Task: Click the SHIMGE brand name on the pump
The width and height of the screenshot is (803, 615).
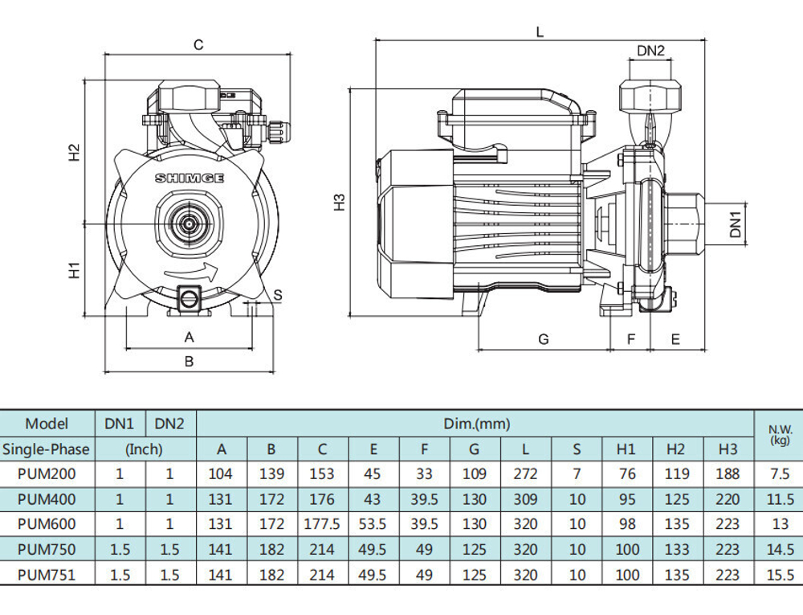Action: [190, 178]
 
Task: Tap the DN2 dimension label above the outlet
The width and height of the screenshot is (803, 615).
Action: [650, 51]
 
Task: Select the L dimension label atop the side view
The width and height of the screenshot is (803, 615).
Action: [540, 32]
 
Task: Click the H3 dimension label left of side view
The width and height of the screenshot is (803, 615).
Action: [340, 203]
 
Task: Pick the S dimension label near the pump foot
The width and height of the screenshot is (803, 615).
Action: [278, 295]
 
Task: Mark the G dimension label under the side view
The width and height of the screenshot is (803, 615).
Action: [544, 338]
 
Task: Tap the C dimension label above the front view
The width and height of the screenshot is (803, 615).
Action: [198, 45]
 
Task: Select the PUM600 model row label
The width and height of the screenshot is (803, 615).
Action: [47, 524]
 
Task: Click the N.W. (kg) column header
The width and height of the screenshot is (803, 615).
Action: [780, 435]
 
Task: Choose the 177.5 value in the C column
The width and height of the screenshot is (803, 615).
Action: [322, 524]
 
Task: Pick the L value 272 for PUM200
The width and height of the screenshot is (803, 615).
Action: [525, 474]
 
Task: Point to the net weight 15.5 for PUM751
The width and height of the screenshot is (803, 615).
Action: [780, 575]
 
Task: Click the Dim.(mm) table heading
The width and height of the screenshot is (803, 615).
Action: [477, 424]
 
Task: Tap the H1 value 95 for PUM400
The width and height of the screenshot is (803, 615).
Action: [627, 498]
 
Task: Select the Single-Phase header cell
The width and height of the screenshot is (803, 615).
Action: [46, 449]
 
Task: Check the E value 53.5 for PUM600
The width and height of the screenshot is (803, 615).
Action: [373, 524]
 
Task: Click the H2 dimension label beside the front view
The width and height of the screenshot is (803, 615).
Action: [75, 152]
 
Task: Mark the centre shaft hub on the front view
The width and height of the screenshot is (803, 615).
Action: [190, 224]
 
